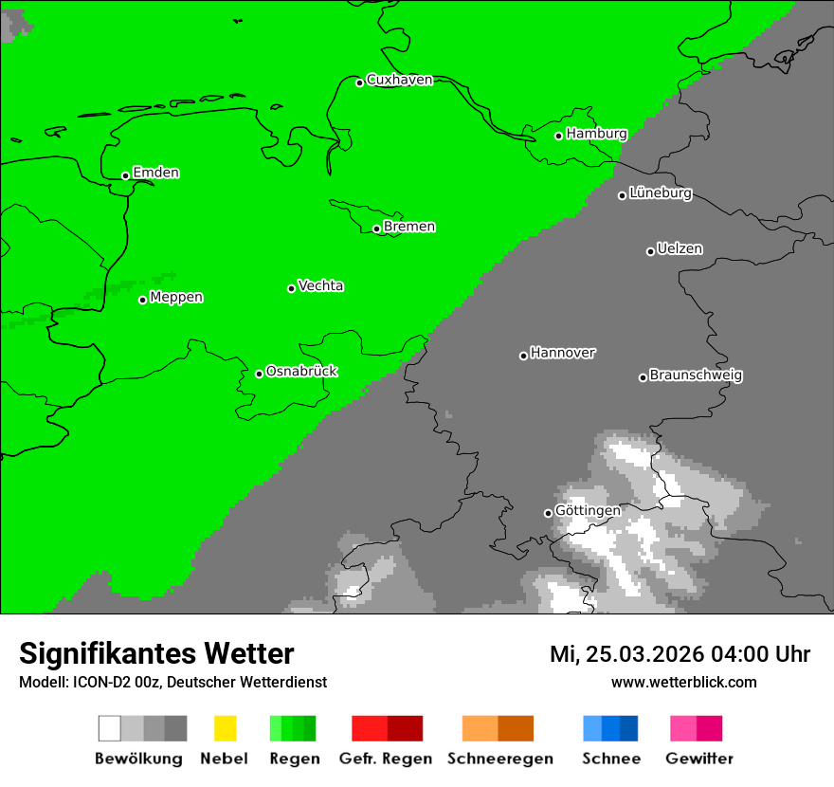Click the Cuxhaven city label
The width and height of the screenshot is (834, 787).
399,80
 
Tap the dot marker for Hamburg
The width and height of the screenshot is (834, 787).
559,136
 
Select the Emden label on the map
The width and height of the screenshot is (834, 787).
155,173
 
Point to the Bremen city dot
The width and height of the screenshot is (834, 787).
376,229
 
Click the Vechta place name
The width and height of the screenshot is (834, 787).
320,285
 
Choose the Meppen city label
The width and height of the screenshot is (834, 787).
176,297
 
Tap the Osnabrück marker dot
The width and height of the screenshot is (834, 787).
259,374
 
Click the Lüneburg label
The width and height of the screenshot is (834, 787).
660,192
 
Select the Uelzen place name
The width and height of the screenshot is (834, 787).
680,248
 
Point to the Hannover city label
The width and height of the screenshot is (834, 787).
562,353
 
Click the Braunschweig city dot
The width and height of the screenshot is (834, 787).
643,377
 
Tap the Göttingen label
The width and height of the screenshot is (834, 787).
588,510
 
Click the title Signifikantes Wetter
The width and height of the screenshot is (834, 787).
156,653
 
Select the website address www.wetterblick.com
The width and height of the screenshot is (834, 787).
683,682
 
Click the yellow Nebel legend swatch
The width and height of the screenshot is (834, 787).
225,728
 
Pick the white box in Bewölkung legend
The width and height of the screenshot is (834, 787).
110,728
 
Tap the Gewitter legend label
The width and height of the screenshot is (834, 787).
698,759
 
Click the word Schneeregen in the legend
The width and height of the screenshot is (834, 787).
499,759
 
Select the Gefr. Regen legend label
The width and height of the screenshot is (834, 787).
385,759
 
